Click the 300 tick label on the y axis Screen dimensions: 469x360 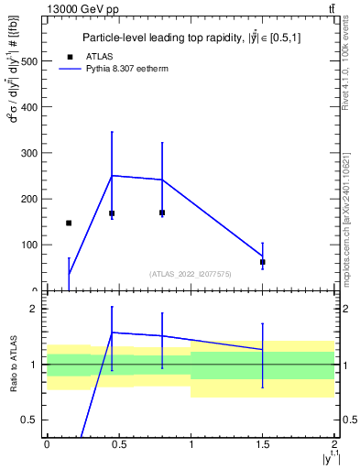27,153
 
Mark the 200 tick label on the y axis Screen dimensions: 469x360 27,199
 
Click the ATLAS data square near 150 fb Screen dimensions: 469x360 69,223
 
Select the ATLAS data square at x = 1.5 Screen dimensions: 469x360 263,262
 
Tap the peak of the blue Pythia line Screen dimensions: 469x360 112,175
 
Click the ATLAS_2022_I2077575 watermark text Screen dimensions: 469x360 191,273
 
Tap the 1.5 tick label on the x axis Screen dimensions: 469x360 263,444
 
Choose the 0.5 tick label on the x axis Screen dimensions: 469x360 118,444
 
